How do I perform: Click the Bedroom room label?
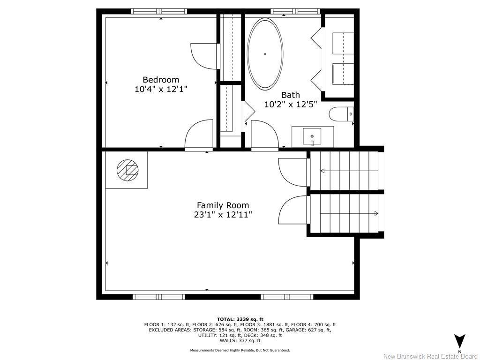[x=161, y=80]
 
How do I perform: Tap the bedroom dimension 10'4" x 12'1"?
[x=161, y=89]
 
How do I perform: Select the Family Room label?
[x=223, y=205]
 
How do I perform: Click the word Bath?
[x=290, y=95]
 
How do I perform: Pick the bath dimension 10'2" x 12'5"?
[x=291, y=105]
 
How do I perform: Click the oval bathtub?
[x=265, y=54]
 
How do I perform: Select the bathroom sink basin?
[x=312, y=136]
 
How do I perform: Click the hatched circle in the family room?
[x=127, y=169]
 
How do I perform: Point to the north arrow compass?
[x=459, y=341]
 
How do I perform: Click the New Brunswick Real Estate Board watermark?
[x=430, y=356]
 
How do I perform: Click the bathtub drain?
[x=265, y=54]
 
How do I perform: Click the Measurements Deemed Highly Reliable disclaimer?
[x=240, y=350]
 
